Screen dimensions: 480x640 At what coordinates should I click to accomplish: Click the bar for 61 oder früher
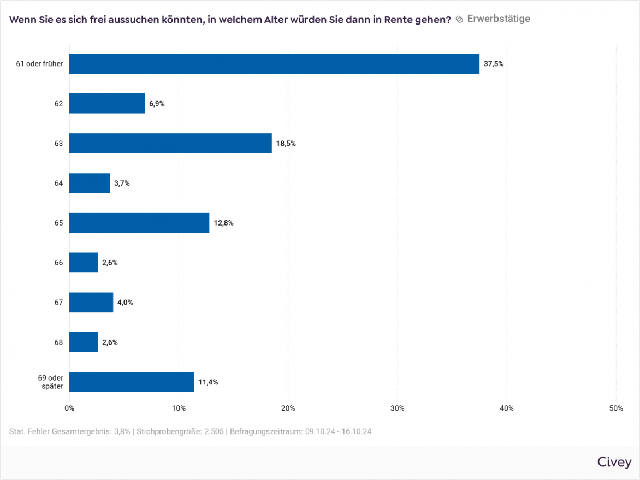(x=274, y=64)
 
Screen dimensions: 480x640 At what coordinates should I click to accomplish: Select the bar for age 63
(x=170, y=144)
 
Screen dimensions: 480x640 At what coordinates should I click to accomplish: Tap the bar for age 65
(x=139, y=223)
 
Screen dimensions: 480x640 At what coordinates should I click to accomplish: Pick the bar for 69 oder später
(x=132, y=382)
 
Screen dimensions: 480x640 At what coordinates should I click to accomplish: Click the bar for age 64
(x=90, y=183)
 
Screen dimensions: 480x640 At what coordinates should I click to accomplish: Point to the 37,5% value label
(x=494, y=64)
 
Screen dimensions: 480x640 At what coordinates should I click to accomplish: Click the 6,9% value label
(x=157, y=104)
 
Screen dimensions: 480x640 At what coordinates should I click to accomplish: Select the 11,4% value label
(x=208, y=382)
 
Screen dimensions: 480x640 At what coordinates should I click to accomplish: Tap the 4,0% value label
(x=125, y=303)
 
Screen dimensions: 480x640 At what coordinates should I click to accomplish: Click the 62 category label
(x=58, y=104)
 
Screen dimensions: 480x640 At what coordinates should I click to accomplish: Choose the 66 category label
(x=58, y=263)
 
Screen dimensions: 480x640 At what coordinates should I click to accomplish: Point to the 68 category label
(x=58, y=342)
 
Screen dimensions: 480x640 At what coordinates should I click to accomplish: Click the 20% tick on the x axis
(x=288, y=408)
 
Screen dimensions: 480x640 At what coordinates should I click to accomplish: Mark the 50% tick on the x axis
(x=615, y=408)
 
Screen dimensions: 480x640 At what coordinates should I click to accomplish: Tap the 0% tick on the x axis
(x=69, y=408)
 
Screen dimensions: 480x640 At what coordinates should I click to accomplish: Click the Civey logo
(x=614, y=462)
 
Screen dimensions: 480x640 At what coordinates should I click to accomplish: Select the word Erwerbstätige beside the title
(x=499, y=19)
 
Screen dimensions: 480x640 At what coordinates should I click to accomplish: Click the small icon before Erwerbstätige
(x=459, y=20)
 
